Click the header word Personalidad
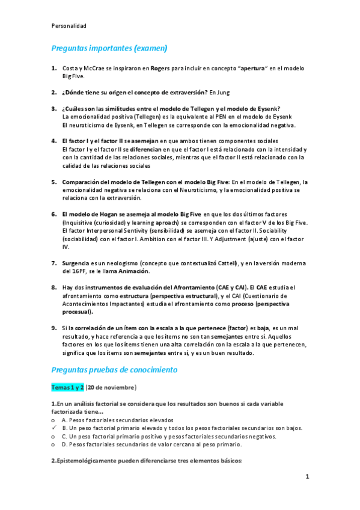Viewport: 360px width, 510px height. (x=69, y=26)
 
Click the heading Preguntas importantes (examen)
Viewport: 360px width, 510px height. (x=109, y=48)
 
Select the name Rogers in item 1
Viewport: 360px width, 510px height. (x=160, y=69)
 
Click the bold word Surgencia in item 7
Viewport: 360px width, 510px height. (x=76, y=263)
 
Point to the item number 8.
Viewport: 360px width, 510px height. (x=54, y=288)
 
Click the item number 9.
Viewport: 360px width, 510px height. (x=54, y=328)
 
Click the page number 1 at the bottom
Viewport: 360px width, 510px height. (x=307, y=477)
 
